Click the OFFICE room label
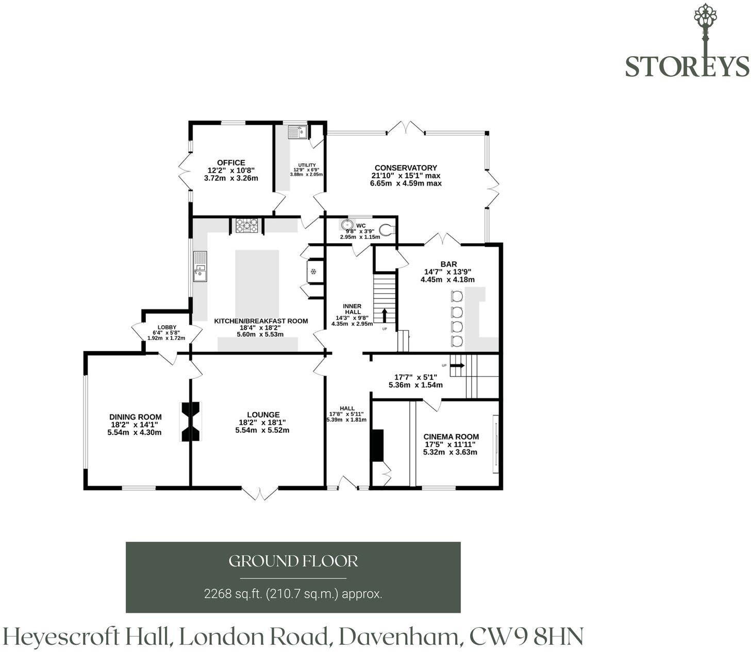pos(231,162)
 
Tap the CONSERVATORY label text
pos(406,168)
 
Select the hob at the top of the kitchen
pos(247,226)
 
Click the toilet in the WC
pos(387,230)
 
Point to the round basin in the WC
pos(347,225)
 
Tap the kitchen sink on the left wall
pos(200,266)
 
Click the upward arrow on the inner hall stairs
pos(385,315)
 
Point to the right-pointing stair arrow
pos(457,365)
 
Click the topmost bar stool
pos(457,296)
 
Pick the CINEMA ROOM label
pos(450,437)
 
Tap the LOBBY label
pos(167,327)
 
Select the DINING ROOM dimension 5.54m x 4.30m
pos(135,432)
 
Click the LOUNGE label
pos(263,415)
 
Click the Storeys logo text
pos(687,66)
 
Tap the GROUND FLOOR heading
pos(293,561)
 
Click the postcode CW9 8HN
pos(526,637)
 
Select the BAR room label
pos(448,264)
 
